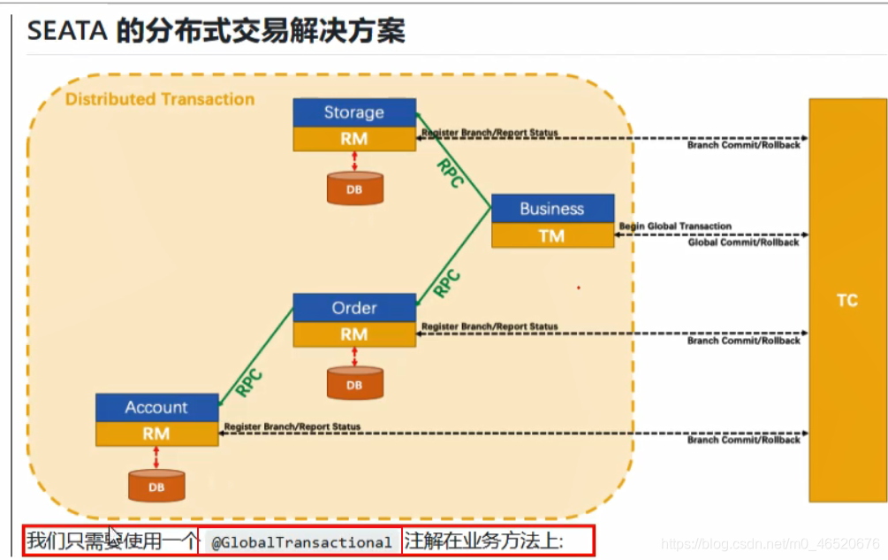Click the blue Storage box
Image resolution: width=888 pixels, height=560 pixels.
353,112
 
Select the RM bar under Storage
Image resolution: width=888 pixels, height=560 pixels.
353,139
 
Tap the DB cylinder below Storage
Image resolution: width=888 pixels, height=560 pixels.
354,188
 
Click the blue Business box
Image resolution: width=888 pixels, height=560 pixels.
552,209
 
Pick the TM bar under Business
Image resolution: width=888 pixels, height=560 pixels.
552,235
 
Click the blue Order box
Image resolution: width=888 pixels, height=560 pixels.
353,308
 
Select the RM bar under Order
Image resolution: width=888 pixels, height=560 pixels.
353,334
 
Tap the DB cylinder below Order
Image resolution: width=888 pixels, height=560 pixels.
354,384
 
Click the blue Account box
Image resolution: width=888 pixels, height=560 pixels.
156,407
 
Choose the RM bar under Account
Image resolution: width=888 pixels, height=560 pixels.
156,433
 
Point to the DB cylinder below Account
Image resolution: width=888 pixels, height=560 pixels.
156,486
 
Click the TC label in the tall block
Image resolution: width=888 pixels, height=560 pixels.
846,301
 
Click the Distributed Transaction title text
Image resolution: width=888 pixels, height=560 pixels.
160,99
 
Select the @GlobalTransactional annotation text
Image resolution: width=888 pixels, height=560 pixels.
301,542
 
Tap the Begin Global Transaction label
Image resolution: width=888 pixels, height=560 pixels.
675,226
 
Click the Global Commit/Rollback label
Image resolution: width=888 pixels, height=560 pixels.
743,242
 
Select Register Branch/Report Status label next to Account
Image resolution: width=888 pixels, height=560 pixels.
292,426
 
